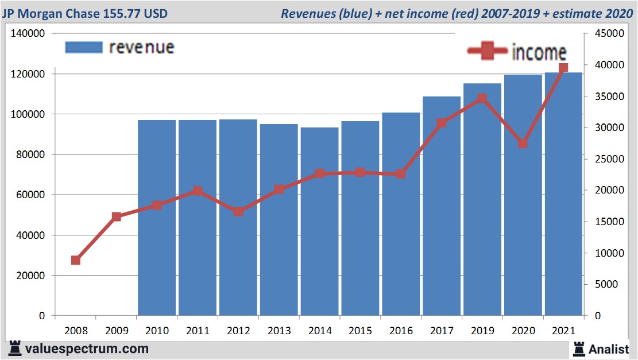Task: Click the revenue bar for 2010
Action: [x=157, y=218]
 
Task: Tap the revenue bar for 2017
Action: [x=442, y=207]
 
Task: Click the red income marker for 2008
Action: [x=75, y=260]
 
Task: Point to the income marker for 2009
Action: [x=116, y=217]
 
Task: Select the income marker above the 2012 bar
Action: [x=238, y=211]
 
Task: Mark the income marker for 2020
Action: [x=523, y=144]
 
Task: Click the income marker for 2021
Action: [x=563, y=68]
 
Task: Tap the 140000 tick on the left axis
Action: [x=28, y=34]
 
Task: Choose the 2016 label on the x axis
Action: [x=401, y=331]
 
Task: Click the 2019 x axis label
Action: [x=482, y=331]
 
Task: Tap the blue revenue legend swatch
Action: [x=84, y=47]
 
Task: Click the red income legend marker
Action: [x=488, y=52]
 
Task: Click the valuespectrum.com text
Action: [x=86, y=349]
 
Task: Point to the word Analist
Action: [x=609, y=349]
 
